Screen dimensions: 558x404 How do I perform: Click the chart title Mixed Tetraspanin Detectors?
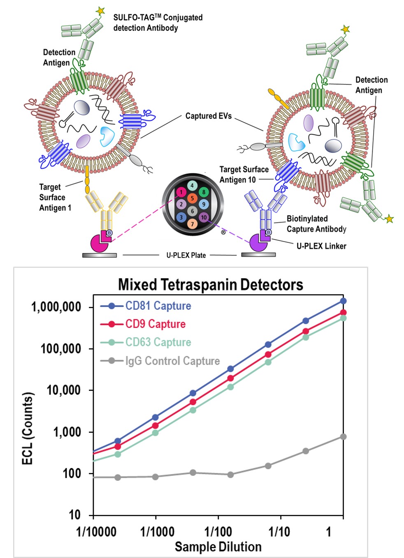click(210, 284)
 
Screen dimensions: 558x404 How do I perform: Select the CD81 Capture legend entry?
click(158, 306)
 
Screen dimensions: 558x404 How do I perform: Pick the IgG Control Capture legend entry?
click(172, 361)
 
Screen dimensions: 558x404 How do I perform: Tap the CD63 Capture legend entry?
click(158, 342)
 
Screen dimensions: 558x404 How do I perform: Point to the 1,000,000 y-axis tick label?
click(56, 307)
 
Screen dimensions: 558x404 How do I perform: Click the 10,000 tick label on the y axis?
click(63, 390)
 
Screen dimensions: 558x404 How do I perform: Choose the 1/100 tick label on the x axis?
click(218, 532)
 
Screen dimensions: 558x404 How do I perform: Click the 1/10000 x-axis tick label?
click(96, 532)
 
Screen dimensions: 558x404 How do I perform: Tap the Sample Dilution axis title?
click(218, 547)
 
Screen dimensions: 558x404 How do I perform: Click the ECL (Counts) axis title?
click(27, 429)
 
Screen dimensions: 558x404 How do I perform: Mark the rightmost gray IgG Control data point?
click(343, 436)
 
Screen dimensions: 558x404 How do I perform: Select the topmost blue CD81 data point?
click(343, 301)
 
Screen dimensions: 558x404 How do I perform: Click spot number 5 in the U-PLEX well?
click(192, 198)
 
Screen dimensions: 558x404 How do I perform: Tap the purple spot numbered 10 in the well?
click(204, 217)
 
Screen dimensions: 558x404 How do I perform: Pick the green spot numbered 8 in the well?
click(203, 192)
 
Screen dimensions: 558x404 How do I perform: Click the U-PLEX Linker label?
click(321, 246)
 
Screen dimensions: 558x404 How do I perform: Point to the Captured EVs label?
click(208, 116)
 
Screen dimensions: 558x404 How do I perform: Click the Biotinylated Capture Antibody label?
click(316, 224)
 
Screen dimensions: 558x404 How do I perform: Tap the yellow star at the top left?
click(100, 11)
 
